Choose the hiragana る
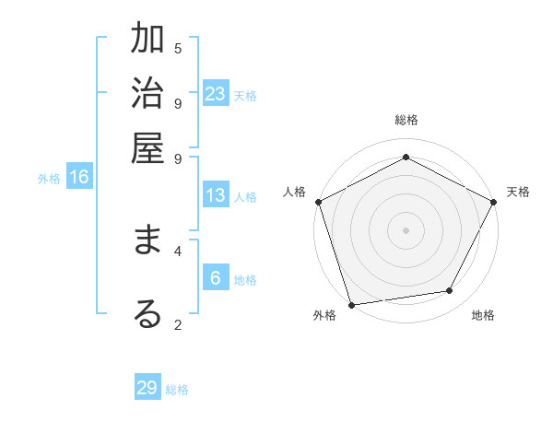(147, 314)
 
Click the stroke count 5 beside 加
(178, 48)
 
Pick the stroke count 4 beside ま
(178, 250)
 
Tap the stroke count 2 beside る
(178, 324)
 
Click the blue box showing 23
(216, 93)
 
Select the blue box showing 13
(216, 195)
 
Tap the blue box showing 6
(216, 278)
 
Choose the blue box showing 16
(79, 177)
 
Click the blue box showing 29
(147, 388)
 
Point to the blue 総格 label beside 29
(177, 390)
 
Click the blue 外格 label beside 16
(49, 179)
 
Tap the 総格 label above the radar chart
(406, 120)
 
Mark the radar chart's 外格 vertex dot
(351, 304)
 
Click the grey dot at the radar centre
(406, 229)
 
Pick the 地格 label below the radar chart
(482, 316)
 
